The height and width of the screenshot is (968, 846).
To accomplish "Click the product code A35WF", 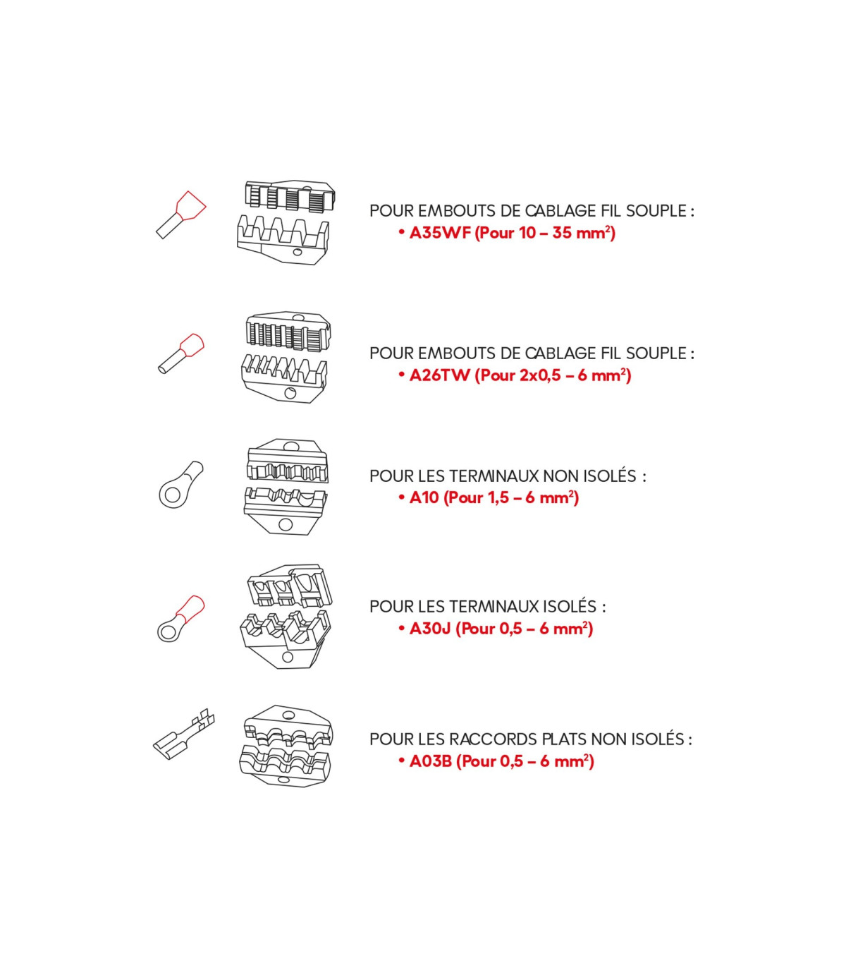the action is (440, 233).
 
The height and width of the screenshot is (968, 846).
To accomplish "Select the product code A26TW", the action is (439, 375).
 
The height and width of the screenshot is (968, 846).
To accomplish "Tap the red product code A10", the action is (424, 497).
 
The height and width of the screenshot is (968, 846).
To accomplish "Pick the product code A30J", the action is (430, 629).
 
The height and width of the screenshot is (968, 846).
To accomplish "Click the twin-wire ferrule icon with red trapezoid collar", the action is (181, 214).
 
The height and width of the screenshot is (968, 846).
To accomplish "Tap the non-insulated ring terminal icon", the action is (180, 485).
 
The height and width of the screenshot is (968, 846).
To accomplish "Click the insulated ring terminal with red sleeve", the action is (180, 618).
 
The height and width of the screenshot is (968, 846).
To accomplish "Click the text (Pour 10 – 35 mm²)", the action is (545, 233).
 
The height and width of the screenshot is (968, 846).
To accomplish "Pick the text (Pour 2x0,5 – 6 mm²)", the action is (553, 375).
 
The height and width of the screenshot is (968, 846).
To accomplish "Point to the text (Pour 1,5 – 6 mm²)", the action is (511, 497).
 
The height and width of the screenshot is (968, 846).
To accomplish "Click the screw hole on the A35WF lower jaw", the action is (298, 252).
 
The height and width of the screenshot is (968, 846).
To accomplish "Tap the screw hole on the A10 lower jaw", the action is (285, 524).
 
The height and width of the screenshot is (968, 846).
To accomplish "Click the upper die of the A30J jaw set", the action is (289, 586).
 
